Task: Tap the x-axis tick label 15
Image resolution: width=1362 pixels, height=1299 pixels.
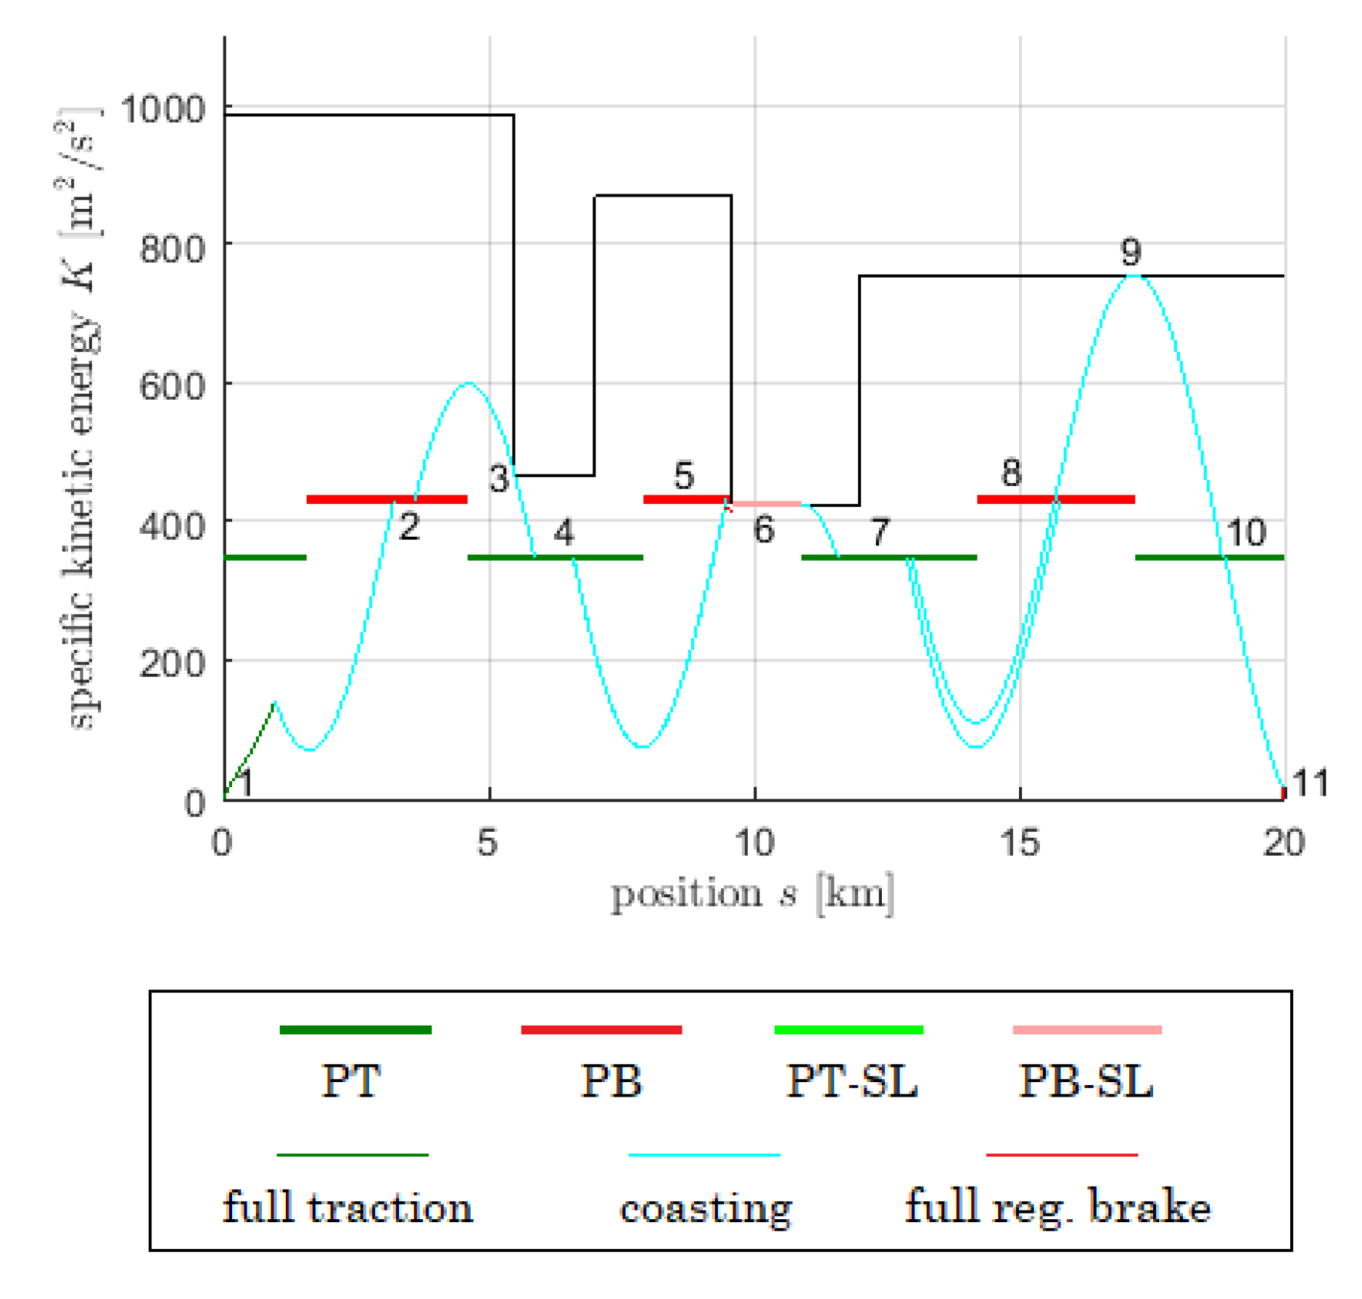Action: click(1019, 843)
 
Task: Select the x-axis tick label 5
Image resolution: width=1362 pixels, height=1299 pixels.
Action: click(487, 843)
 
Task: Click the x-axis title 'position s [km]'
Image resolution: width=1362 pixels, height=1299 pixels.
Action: click(753, 894)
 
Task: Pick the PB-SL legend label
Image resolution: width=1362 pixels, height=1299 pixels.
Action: click(1086, 1081)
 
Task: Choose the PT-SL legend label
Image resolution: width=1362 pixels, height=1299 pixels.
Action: click(851, 1081)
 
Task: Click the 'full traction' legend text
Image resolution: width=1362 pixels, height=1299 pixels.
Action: click(347, 1208)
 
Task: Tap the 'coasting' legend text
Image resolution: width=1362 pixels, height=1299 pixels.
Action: click(705, 1208)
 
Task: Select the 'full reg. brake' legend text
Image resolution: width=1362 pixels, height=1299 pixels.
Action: click(1057, 1208)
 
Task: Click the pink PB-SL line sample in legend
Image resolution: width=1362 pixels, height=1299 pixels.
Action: click(1086, 1030)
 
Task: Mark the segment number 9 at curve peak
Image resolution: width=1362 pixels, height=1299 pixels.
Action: click(1131, 252)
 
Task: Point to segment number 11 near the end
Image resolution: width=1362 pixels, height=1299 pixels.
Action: click(1311, 783)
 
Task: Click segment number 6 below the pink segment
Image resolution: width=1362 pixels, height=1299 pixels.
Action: click(763, 530)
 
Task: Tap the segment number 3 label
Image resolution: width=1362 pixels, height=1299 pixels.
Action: click(498, 479)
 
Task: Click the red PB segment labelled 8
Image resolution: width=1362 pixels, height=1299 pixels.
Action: click(1055, 499)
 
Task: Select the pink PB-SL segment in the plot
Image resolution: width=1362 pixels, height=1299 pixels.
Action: click(767, 503)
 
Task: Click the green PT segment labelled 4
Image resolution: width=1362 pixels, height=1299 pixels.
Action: click(555, 557)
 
